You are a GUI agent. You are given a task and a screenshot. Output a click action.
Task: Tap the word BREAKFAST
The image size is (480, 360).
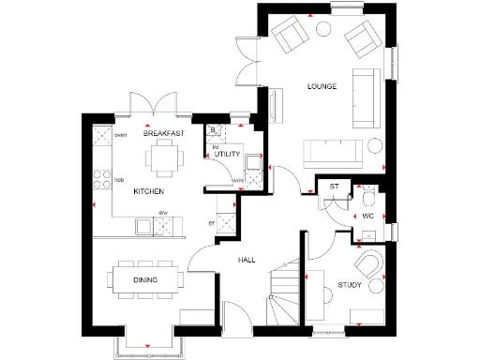(163, 134)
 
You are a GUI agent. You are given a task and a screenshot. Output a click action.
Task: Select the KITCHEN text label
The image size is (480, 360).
(148, 191)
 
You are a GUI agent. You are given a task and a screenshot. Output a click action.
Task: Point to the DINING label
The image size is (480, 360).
(144, 280)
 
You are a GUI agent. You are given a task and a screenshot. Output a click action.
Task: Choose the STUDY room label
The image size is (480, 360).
(350, 284)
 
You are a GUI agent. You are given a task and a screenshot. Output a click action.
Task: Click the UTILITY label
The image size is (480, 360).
(228, 154)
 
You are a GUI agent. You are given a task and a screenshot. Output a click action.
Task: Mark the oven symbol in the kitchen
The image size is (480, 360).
(101, 137)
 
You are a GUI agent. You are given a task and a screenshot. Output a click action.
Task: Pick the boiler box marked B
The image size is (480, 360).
(214, 130)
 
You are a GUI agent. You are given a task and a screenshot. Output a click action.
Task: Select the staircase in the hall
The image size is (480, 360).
(281, 291)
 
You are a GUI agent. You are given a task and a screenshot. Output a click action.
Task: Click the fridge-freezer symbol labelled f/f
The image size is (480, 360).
(225, 223)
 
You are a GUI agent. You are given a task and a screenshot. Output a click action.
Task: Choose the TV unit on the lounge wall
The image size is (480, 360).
(275, 106)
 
